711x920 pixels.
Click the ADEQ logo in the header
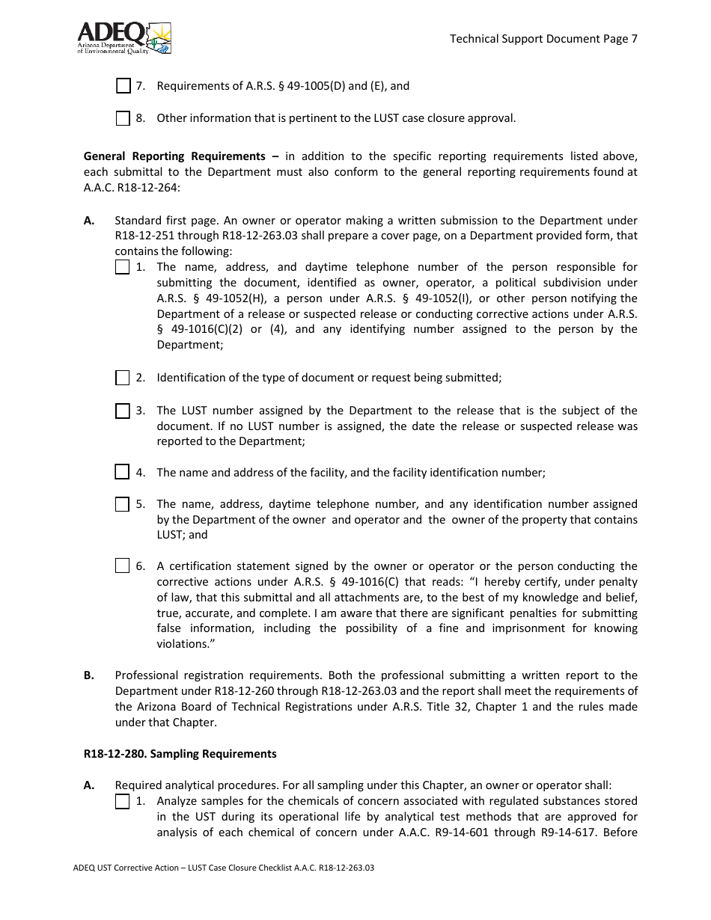tap(124, 37)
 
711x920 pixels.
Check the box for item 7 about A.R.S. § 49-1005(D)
tap(123, 86)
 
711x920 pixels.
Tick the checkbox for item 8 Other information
tap(123, 118)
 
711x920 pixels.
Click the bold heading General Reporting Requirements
tap(174, 156)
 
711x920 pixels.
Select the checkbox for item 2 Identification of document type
tap(123, 378)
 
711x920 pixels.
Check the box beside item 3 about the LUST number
tap(123, 411)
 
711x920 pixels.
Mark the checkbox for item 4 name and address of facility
tap(122, 472)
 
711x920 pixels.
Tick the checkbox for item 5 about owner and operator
tap(123, 504)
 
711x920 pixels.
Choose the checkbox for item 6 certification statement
tap(123, 566)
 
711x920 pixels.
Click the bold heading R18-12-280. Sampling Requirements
tap(180, 753)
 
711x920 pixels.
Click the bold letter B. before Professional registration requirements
tap(89, 675)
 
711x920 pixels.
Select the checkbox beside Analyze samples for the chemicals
tap(123, 802)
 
